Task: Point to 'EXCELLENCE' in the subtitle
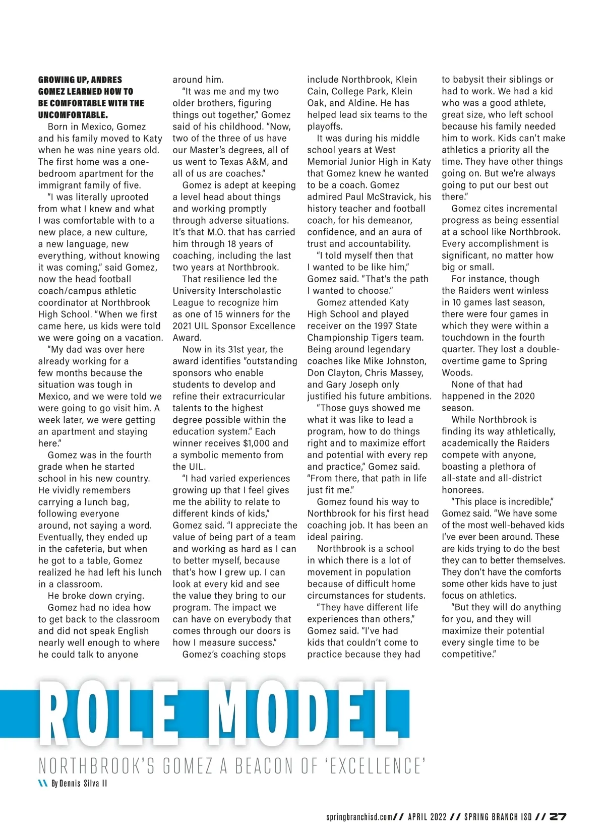(375, 766)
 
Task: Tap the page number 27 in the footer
(559, 817)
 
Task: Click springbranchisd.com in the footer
(359, 817)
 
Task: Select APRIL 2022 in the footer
(428, 817)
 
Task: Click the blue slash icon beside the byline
(43, 784)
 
